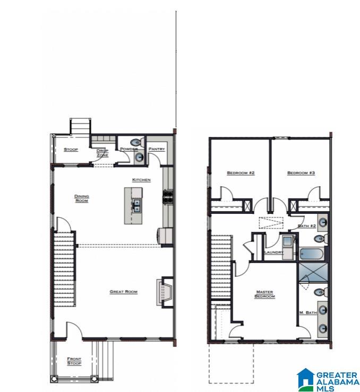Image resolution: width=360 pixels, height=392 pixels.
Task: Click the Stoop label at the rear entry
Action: click(x=71, y=150)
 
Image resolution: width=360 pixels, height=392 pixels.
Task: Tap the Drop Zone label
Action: click(x=102, y=153)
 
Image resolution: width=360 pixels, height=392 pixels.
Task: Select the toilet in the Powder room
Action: click(x=137, y=142)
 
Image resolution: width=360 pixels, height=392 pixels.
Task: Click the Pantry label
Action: click(x=157, y=150)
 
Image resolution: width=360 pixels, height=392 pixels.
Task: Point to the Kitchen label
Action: click(x=141, y=180)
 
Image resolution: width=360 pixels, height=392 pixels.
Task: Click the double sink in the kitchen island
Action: click(x=136, y=205)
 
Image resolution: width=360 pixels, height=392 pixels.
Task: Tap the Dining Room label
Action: click(x=81, y=198)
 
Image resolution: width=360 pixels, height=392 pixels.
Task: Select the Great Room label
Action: click(x=124, y=292)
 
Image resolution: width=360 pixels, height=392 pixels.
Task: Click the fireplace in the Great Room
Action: click(x=163, y=291)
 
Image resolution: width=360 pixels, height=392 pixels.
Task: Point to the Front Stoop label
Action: click(x=74, y=362)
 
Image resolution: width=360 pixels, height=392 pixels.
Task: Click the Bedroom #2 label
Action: click(x=241, y=173)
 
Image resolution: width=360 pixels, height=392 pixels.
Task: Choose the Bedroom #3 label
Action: click(x=301, y=173)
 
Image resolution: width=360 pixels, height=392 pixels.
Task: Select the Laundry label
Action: click(x=274, y=253)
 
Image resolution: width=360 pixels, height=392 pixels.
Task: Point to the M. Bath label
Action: click(x=307, y=312)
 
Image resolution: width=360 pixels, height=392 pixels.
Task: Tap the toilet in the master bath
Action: click(x=321, y=292)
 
